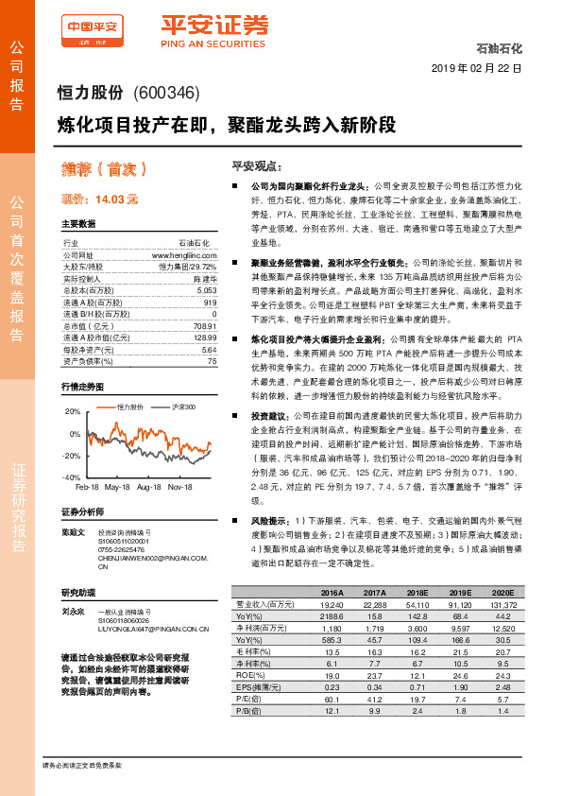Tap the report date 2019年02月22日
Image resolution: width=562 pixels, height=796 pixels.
point(482,69)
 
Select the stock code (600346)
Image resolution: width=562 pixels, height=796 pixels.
point(166,93)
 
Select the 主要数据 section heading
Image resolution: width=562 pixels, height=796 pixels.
point(78,225)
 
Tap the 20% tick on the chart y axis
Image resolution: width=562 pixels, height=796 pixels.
point(72,411)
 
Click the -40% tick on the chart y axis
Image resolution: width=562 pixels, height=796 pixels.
point(71,477)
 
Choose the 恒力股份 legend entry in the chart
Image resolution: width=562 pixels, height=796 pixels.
point(129,406)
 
